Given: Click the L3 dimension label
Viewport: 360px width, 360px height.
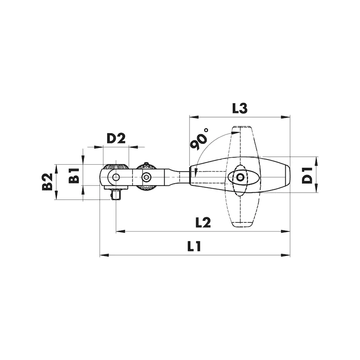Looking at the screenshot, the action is [x=240, y=108].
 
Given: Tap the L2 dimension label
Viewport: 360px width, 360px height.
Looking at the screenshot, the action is [x=203, y=222].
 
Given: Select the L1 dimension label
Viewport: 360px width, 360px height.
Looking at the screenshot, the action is [x=194, y=246].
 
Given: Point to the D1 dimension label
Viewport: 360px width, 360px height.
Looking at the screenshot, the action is [x=307, y=175].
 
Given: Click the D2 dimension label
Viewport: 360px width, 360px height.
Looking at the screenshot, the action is [x=116, y=139].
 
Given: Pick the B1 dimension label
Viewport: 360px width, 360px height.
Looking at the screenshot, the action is [x=74, y=175].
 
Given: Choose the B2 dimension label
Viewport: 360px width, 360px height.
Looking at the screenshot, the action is [x=47, y=182].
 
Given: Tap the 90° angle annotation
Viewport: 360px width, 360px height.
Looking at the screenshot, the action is [x=198, y=139].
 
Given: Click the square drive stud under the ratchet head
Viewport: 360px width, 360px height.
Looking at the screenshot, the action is [x=116, y=194].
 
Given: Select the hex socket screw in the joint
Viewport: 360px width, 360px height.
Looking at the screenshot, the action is [x=145, y=177].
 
